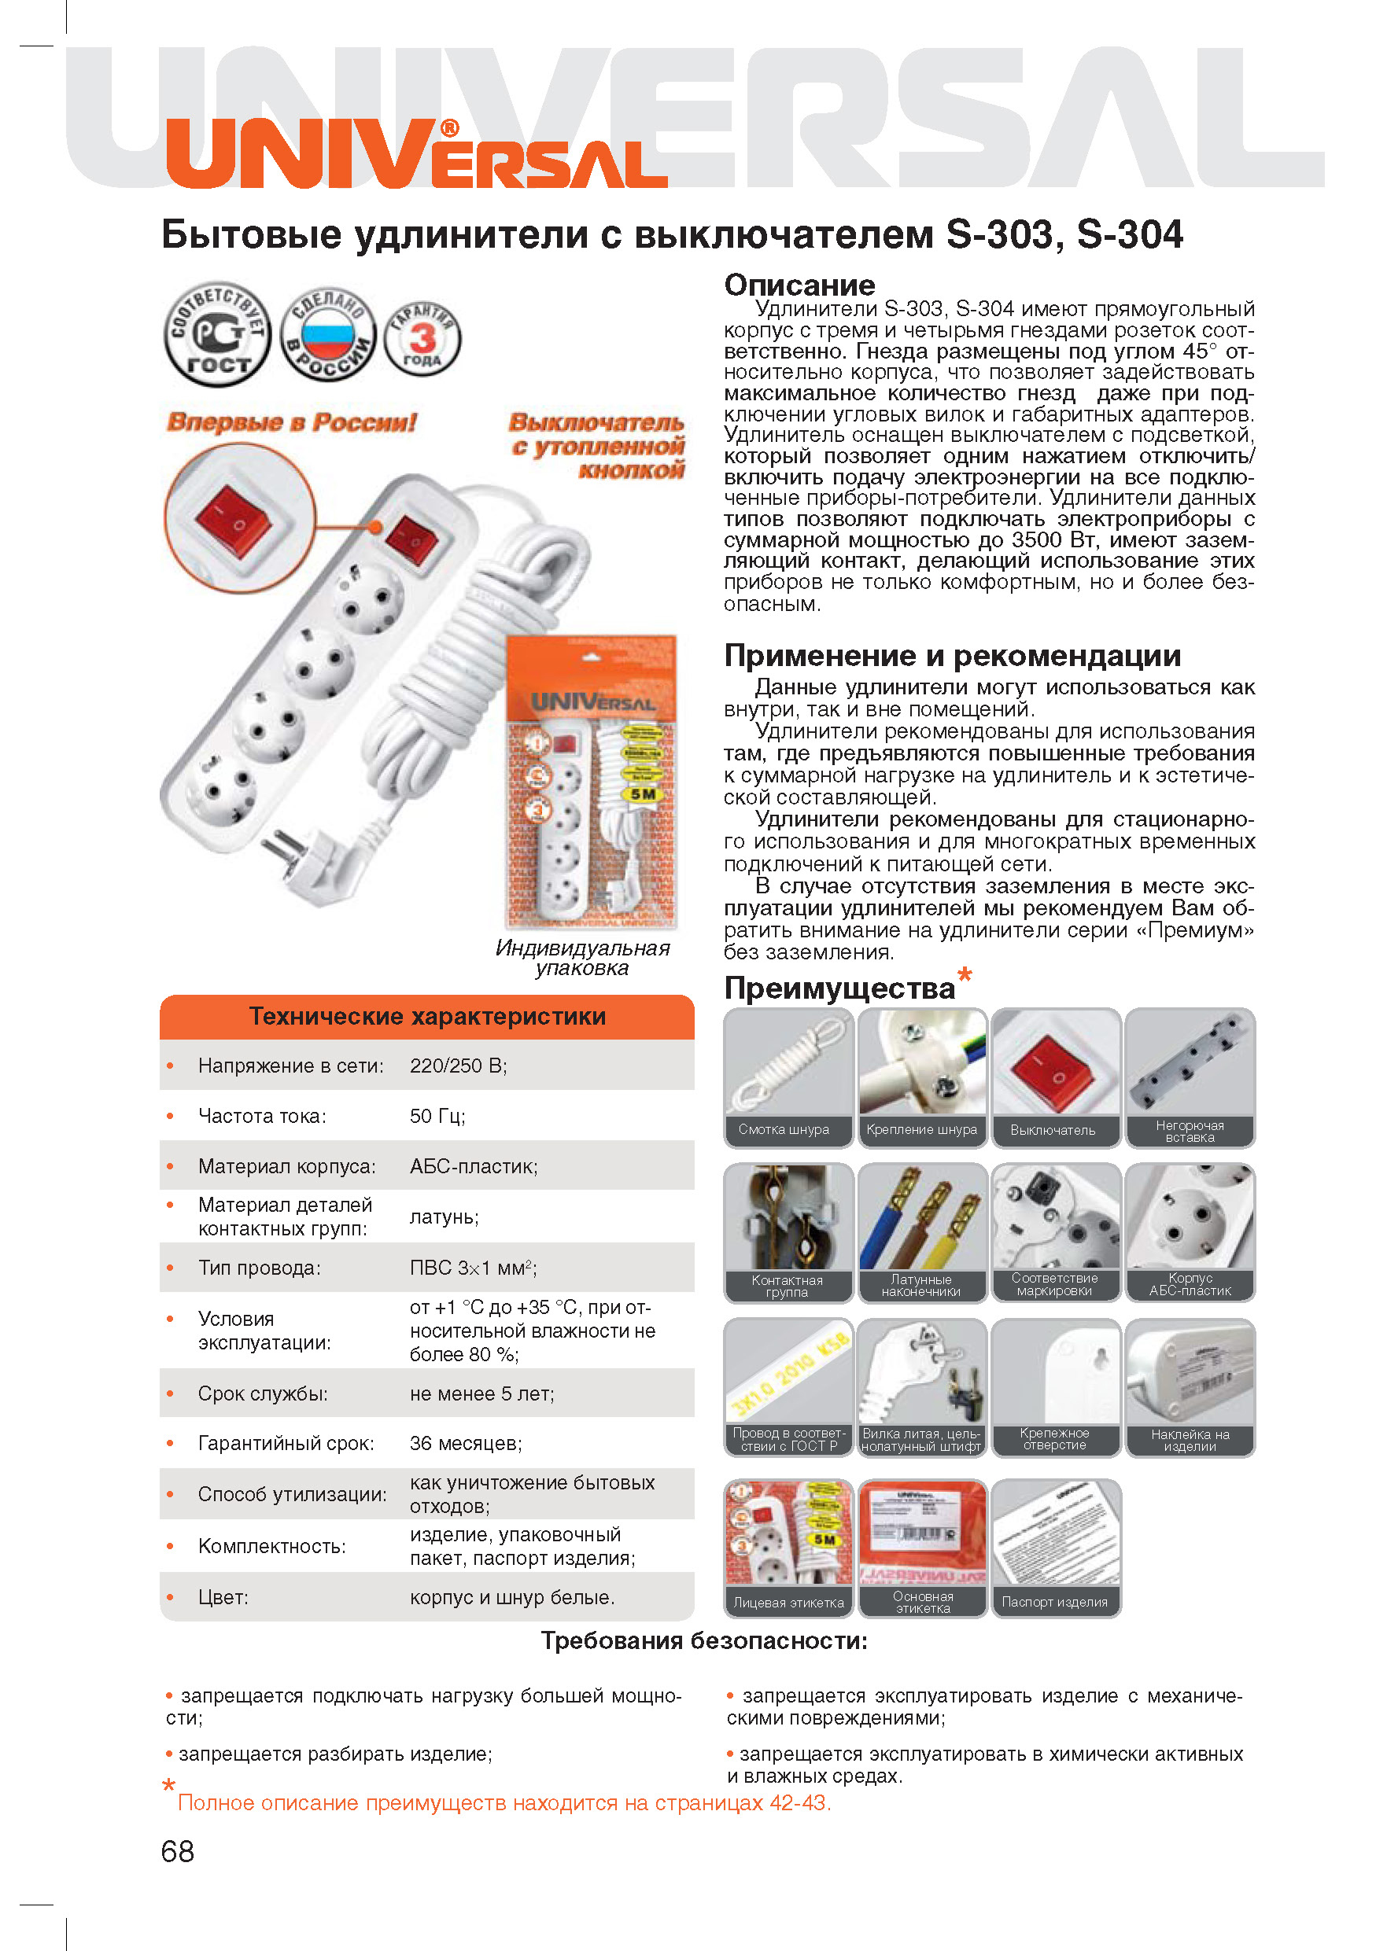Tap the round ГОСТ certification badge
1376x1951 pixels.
[218, 335]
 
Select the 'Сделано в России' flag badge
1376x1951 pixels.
[329, 335]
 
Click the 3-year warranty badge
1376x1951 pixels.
[422, 338]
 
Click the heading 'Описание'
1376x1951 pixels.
[799, 285]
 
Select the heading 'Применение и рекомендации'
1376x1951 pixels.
[952, 655]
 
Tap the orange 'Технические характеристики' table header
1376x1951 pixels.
[426, 1016]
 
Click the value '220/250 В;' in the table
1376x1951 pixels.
[458, 1066]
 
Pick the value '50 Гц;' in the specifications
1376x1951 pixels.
[437, 1116]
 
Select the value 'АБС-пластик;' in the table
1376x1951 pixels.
[474, 1166]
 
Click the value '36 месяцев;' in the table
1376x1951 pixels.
[466, 1443]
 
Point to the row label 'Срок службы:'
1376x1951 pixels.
[263, 1393]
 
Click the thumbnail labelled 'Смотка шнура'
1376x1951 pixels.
[787, 1077]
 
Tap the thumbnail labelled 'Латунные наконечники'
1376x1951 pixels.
[921, 1231]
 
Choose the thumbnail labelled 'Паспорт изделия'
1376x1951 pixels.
[1055, 1548]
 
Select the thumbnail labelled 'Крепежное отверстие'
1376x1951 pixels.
[1055, 1386]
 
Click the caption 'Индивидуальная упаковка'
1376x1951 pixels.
[582, 958]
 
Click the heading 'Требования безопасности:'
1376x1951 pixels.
[703, 1641]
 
